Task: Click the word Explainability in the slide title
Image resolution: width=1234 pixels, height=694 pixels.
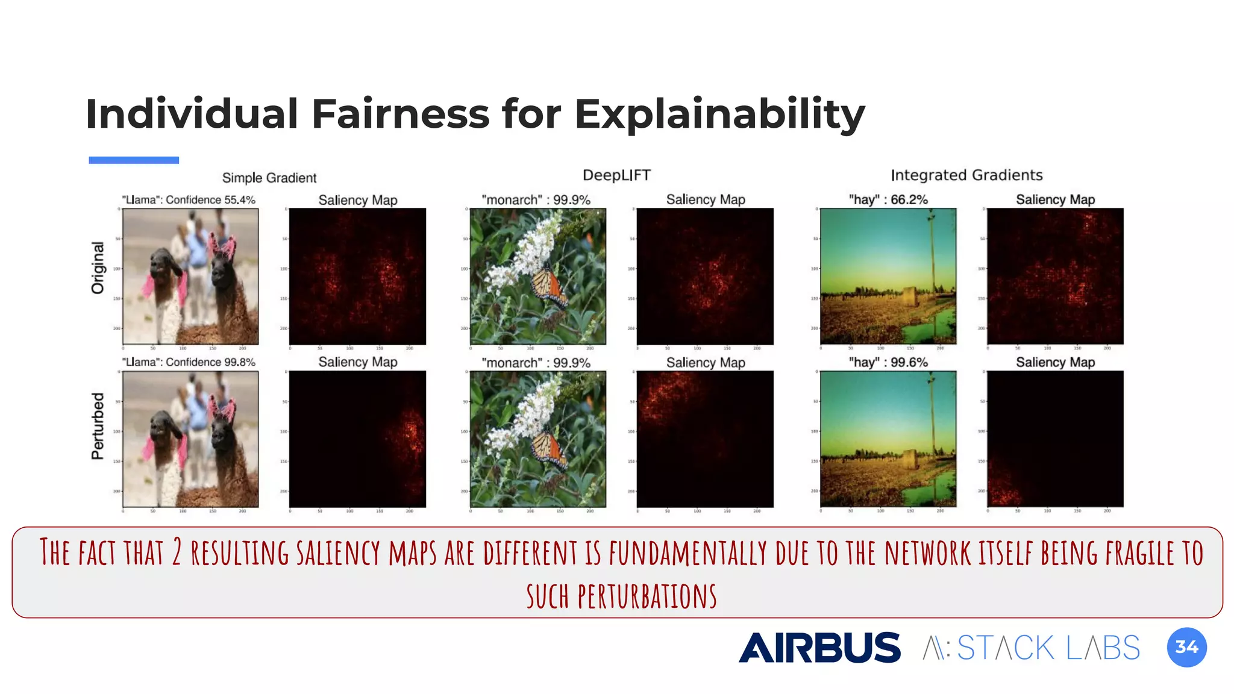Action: click(x=719, y=114)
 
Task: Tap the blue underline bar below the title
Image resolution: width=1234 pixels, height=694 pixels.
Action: click(x=134, y=160)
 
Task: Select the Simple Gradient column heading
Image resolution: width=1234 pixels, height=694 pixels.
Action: click(x=269, y=178)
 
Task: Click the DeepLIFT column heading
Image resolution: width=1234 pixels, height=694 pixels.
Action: click(x=616, y=175)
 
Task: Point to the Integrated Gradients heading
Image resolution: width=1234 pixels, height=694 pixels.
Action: click(x=966, y=175)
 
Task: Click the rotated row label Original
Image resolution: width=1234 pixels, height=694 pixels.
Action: click(x=98, y=268)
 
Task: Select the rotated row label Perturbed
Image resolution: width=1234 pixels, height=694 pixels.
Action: click(x=98, y=427)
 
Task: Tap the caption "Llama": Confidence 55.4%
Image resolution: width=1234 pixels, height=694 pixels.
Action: click(x=189, y=200)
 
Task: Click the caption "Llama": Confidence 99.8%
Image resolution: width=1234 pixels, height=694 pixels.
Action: click(x=189, y=362)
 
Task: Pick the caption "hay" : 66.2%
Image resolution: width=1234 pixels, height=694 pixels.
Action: click(x=888, y=199)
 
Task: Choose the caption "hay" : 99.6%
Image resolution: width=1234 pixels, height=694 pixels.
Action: click(x=888, y=362)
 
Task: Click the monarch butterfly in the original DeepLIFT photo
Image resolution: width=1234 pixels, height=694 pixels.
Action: click(x=548, y=286)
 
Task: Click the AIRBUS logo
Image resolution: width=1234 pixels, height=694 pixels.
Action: click(x=819, y=648)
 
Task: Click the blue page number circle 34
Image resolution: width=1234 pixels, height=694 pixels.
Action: click(x=1186, y=648)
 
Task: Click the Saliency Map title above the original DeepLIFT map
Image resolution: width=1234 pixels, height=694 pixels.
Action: click(x=705, y=199)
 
